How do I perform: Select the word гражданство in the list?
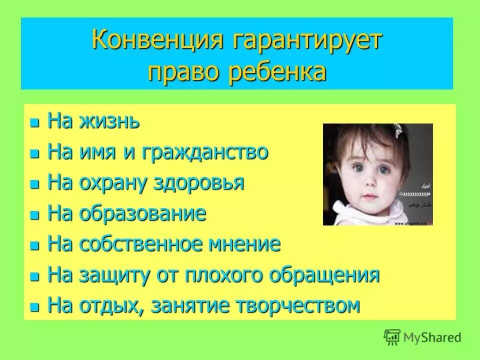[206, 152]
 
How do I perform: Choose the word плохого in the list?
[220, 275]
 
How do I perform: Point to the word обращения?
[320, 275]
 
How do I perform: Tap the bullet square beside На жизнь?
[34, 122]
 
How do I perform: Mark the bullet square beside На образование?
[34, 215]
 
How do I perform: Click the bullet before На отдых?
[34, 306]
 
